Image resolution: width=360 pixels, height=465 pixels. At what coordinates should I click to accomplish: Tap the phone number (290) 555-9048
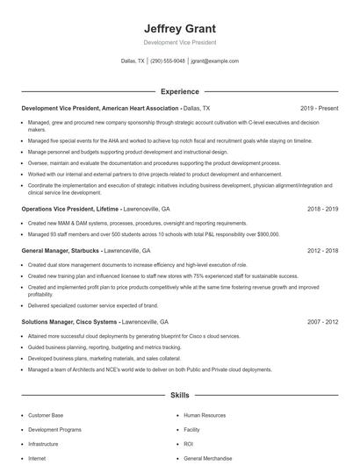coord(168,61)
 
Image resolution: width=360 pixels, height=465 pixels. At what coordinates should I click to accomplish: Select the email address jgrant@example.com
coord(214,61)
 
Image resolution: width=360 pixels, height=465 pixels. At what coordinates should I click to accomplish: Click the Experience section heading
coord(179,91)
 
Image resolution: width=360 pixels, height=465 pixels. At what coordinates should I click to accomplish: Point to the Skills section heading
coord(179,397)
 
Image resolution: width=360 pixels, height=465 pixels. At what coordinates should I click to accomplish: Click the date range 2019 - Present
coord(319,108)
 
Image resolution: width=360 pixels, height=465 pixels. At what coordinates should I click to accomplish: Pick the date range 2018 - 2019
coord(322,210)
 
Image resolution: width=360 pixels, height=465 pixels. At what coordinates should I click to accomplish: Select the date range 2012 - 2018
coord(322,250)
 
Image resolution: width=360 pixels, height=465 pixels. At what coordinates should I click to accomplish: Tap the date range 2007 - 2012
coord(322,321)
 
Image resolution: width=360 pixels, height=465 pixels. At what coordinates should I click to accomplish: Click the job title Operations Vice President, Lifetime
coord(70,210)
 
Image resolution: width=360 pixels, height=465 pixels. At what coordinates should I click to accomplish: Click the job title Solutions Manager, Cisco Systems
coord(70,321)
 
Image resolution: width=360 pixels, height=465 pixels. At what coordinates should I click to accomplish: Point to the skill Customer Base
coord(46,415)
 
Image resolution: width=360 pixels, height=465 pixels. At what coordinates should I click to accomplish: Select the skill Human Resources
coord(205,415)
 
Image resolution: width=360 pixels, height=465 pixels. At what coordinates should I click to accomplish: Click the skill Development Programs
coord(54,430)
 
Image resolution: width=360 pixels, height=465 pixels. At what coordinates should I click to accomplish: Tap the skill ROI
coord(188,444)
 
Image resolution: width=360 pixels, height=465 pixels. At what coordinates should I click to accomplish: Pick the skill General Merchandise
coord(208,458)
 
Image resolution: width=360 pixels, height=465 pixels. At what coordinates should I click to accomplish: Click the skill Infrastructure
coord(43,444)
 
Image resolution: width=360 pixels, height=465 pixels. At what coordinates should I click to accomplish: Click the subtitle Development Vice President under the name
coord(179,42)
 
